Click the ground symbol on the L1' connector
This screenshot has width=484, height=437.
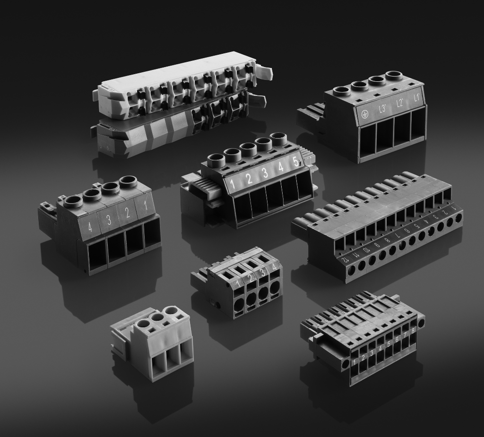pos(364,114)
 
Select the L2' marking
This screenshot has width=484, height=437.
pos(400,104)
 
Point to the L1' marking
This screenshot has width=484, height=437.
pos(416,99)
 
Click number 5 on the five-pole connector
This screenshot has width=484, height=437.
pos(295,162)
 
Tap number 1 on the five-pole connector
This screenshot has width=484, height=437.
pos(232,181)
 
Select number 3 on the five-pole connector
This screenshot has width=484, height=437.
pos(265,172)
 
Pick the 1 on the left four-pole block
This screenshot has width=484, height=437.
pos(145,206)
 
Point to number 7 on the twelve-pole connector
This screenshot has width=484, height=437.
pos(398,235)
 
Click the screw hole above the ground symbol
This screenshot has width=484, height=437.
pos(341,91)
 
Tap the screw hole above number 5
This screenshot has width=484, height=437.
pos(279,138)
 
